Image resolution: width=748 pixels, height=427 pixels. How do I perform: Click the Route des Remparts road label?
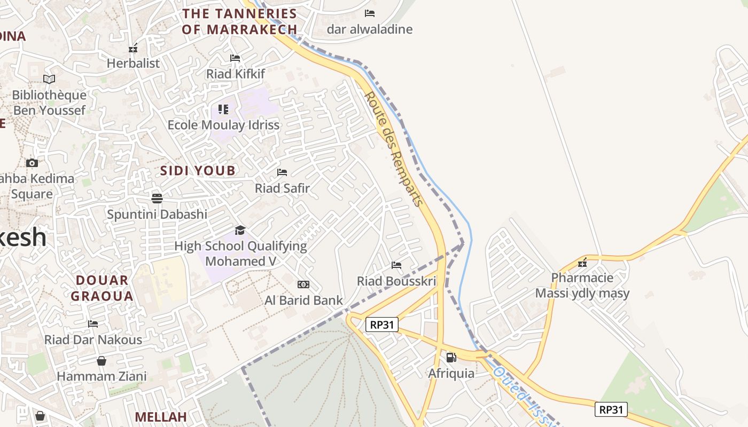(x=394, y=149)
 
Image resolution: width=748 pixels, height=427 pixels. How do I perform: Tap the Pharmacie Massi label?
(x=582, y=286)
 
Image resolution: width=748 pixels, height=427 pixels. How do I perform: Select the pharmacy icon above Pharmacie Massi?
(x=582, y=263)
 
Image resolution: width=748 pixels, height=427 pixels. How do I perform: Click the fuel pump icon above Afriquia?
(x=451, y=358)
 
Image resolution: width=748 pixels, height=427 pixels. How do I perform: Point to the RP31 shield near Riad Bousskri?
(x=382, y=324)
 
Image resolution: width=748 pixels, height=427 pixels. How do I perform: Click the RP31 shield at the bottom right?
(x=611, y=409)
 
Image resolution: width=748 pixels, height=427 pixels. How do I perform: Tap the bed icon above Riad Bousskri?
(x=396, y=265)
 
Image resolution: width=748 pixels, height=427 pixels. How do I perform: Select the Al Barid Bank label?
(x=303, y=301)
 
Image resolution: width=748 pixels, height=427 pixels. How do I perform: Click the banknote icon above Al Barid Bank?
(x=303, y=284)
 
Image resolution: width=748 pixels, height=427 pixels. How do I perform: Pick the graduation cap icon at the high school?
(x=240, y=230)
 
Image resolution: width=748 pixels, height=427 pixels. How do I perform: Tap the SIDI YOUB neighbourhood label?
(x=198, y=171)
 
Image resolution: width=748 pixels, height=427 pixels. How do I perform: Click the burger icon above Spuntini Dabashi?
(x=157, y=199)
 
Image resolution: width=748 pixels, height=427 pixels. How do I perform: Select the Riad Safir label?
(x=282, y=188)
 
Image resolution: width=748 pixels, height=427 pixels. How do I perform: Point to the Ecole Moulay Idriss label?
(x=223, y=125)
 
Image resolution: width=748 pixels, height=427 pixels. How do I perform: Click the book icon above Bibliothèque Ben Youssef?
(x=49, y=79)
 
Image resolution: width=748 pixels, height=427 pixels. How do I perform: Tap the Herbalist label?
(x=133, y=63)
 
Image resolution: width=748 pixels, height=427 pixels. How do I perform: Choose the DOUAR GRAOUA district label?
(x=102, y=288)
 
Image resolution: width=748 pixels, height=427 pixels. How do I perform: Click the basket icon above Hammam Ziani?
(x=102, y=361)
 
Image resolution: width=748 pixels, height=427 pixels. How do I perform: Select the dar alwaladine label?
(x=370, y=29)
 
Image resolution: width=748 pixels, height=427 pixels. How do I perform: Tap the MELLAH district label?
(x=160, y=417)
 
